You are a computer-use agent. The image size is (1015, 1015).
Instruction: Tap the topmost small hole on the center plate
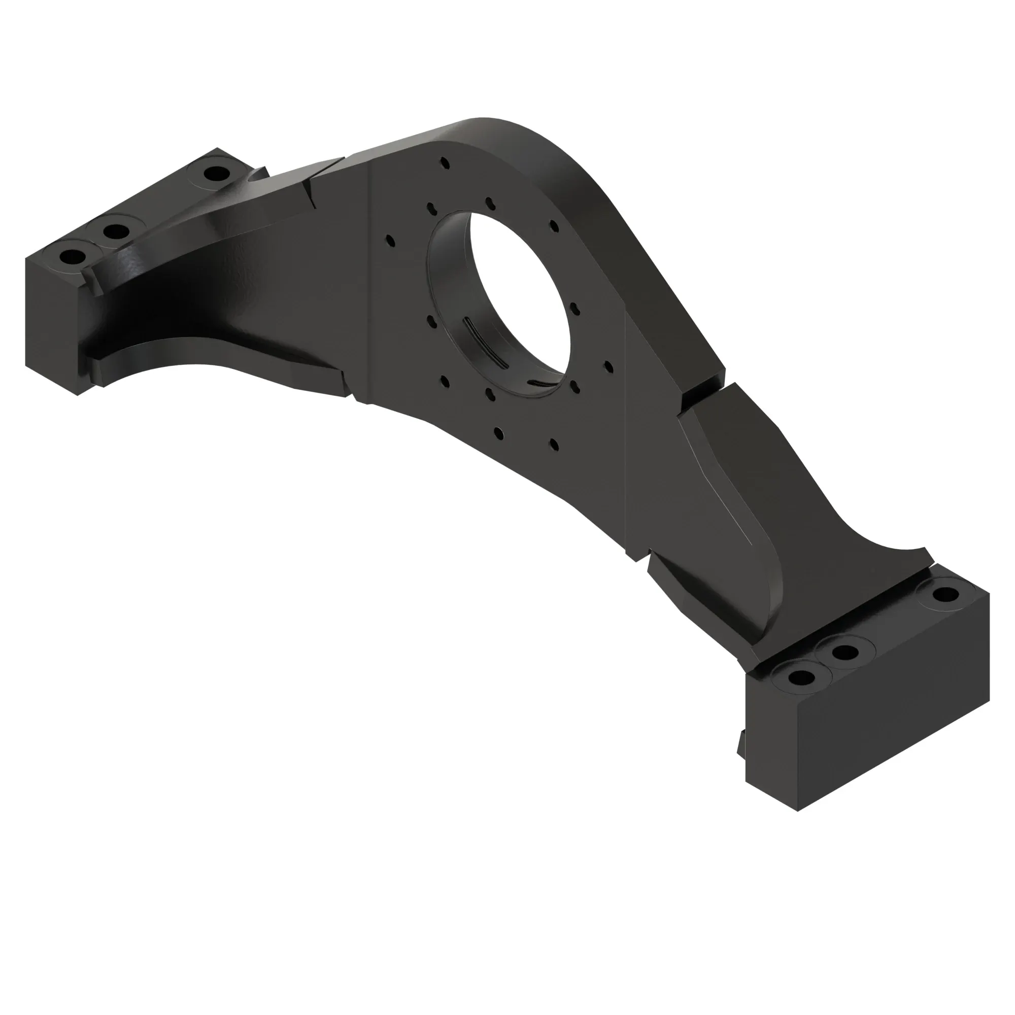pos(446,163)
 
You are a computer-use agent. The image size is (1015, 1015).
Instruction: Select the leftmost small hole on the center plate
pos(390,241)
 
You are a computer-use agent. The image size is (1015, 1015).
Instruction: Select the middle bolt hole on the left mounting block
pos(116,230)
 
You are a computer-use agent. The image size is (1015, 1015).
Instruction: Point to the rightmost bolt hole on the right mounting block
pos(945,595)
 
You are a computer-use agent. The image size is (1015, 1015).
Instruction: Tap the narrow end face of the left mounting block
pos(51,326)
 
